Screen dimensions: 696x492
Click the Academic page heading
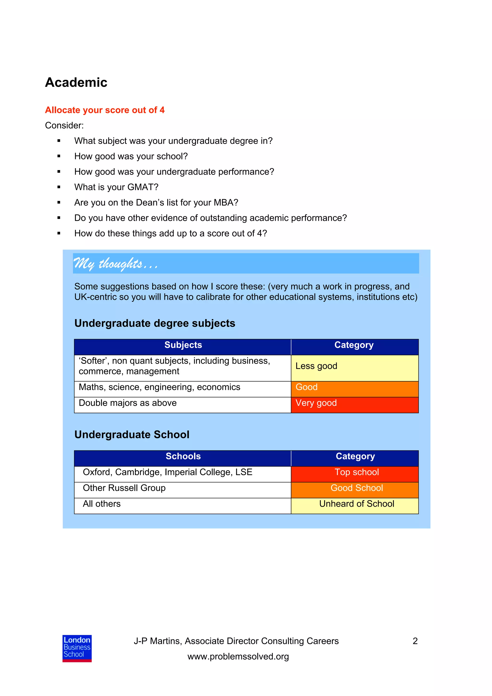tap(76, 82)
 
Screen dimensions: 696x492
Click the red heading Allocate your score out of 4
tap(105, 110)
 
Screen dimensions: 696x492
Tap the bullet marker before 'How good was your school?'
tap(59, 156)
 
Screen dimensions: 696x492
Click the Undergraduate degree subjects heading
tap(155, 323)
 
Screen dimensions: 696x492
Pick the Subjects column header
tap(183, 345)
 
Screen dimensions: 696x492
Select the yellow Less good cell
tap(354, 368)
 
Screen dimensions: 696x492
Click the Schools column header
tap(183, 456)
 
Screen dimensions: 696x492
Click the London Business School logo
tap(77, 649)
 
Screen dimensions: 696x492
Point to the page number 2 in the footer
tap(415, 641)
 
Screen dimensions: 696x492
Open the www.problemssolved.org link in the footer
tap(238, 657)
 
